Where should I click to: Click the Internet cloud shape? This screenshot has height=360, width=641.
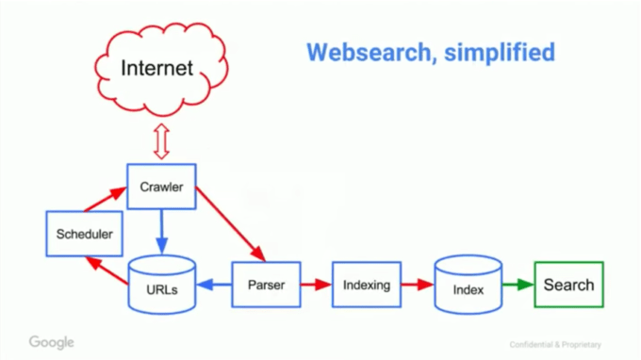click(157, 68)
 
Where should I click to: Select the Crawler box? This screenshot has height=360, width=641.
click(161, 187)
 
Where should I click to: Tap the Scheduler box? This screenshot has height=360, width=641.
click(84, 234)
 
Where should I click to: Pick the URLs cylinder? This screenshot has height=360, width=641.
click(161, 285)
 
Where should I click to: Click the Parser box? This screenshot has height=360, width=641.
click(266, 285)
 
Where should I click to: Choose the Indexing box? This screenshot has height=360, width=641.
click(366, 285)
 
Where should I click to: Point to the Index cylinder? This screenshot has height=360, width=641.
click(468, 285)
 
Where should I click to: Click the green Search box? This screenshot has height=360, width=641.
click(568, 285)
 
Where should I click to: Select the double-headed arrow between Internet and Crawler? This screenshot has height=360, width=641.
click(160, 141)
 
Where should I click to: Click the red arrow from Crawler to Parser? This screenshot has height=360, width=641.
click(230, 226)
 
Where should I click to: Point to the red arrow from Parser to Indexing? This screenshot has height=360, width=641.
click(316, 285)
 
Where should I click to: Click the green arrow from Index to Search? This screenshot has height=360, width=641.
click(518, 285)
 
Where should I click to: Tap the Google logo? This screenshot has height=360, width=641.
click(51, 342)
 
